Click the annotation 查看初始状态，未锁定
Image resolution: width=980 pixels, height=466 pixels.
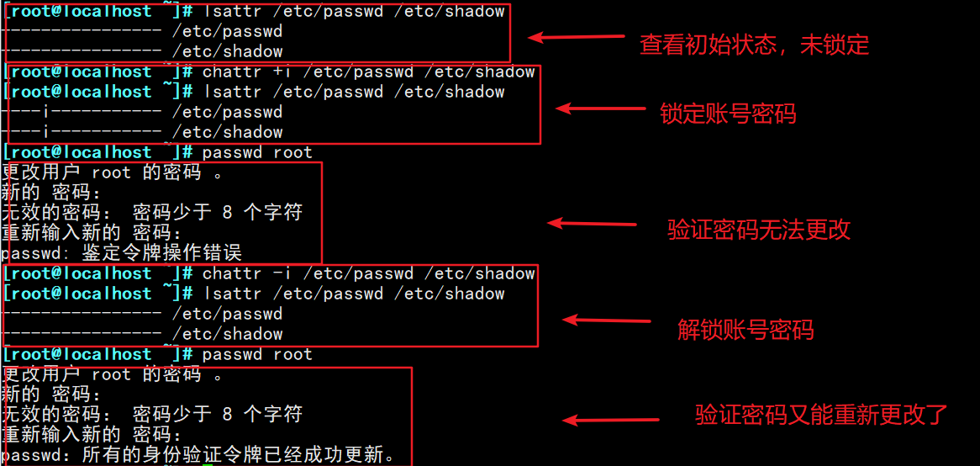pos(754,45)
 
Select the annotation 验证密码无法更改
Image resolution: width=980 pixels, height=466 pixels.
pos(759,230)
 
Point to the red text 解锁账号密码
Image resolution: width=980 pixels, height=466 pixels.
pos(746,330)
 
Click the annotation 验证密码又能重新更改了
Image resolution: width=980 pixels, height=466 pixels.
pos(821,415)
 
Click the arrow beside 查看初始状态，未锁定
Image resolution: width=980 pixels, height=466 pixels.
pos(576,38)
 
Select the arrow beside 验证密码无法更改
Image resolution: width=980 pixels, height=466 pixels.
pos(592,224)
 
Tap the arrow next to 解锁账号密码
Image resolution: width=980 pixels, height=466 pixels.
pos(606,320)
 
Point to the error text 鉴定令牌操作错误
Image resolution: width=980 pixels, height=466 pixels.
pos(161,252)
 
